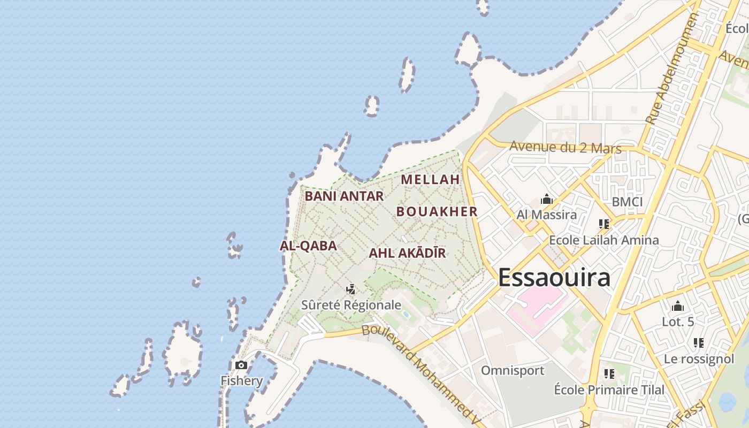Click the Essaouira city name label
[554, 278]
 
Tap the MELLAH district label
[430, 180]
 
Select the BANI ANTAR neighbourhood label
[344, 196]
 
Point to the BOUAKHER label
[437, 212]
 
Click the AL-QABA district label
[308, 246]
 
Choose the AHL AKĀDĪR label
[407, 253]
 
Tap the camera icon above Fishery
[241, 365]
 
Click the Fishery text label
[242, 381]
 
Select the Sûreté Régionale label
[351, 305]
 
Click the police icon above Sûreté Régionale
[351, 289]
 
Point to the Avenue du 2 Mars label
[565, 147]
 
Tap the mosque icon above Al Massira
[547, 200]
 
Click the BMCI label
[627, 202]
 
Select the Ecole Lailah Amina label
[604, 240]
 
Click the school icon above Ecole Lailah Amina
[604, 224]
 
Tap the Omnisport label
[513, 370]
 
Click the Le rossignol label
[699, 359]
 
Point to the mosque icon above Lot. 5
[678, 307]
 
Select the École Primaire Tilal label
[609, 389]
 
